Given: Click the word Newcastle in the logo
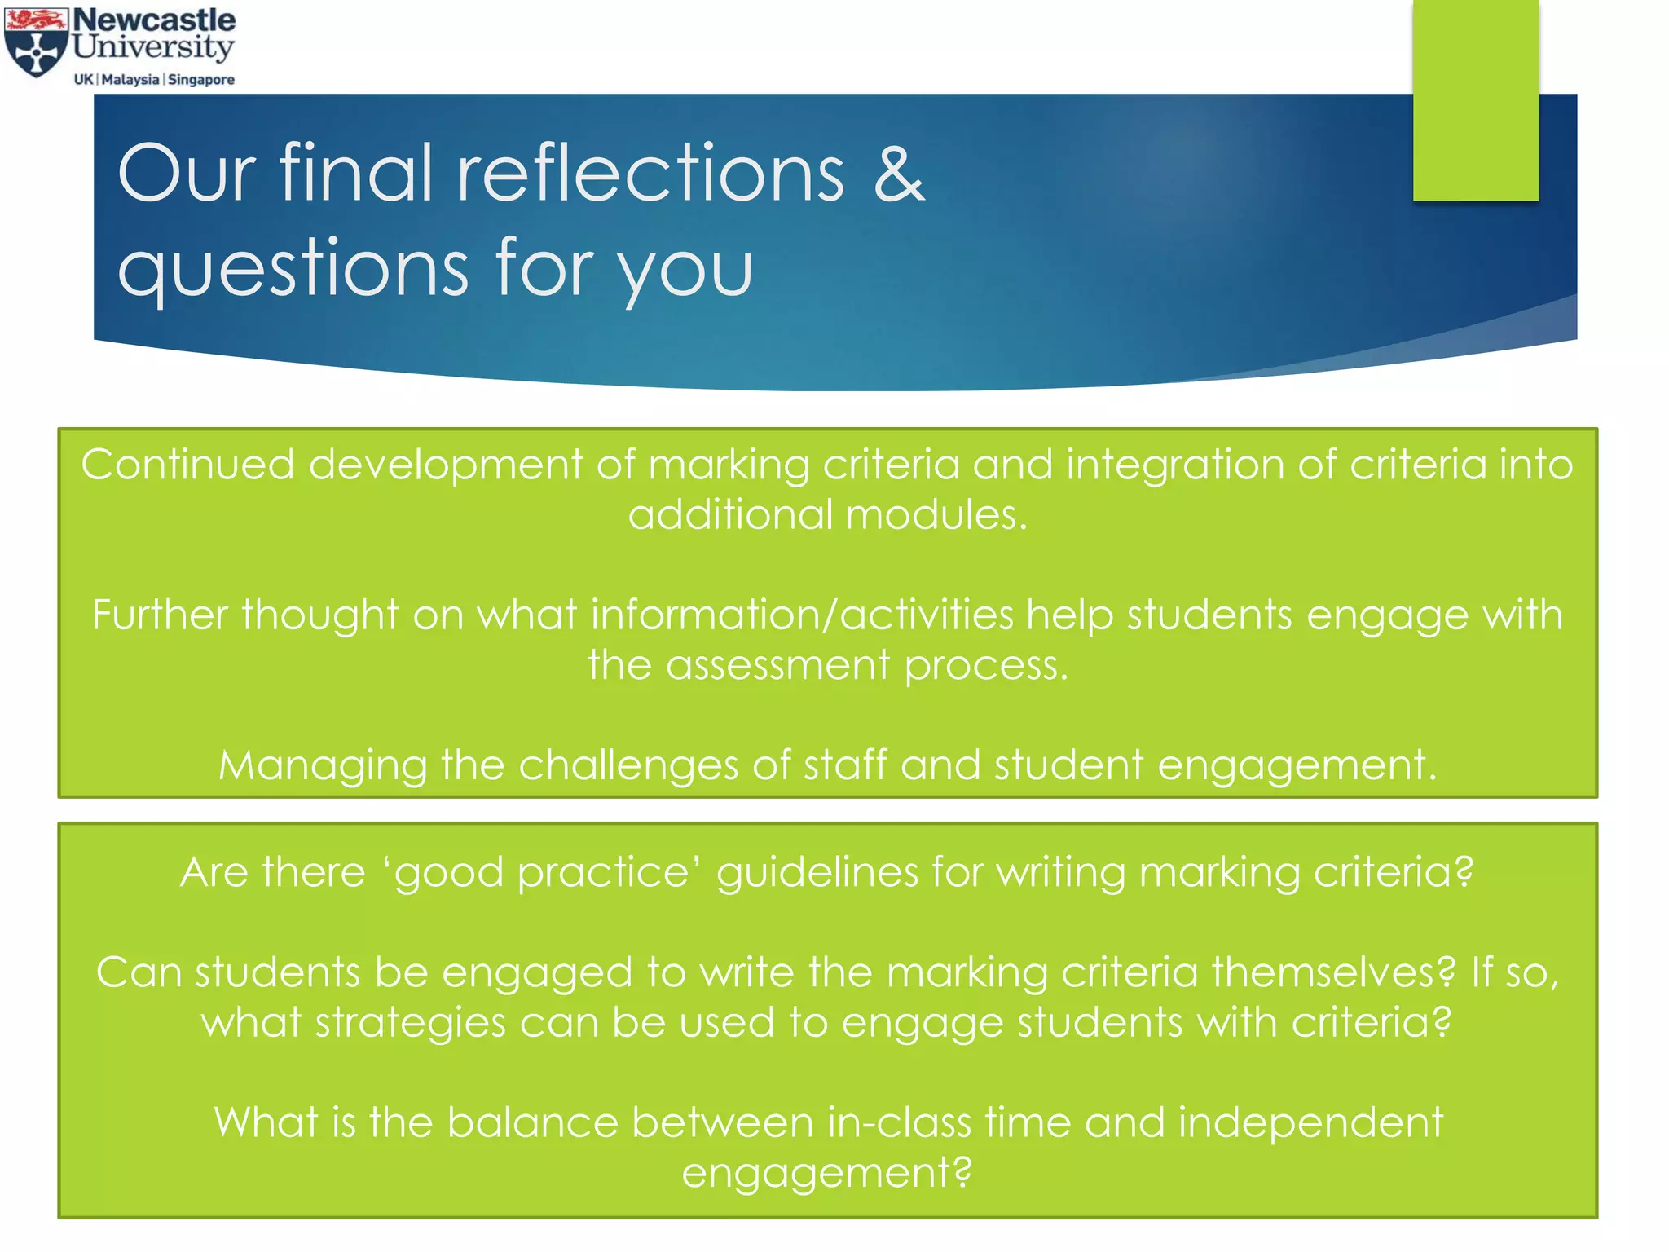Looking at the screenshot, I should [154, 20].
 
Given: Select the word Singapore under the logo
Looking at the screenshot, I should [201, 79].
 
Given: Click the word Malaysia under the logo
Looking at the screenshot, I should [130, 79].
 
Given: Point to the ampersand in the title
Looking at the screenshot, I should [899, 173].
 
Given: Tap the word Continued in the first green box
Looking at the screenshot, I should [187, 465].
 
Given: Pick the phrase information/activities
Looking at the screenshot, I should [802, 615].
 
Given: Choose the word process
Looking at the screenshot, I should [986, 666].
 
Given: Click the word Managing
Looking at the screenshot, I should [323, 765].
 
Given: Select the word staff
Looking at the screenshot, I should [845, 765].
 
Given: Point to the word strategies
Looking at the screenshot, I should [410, 1023].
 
